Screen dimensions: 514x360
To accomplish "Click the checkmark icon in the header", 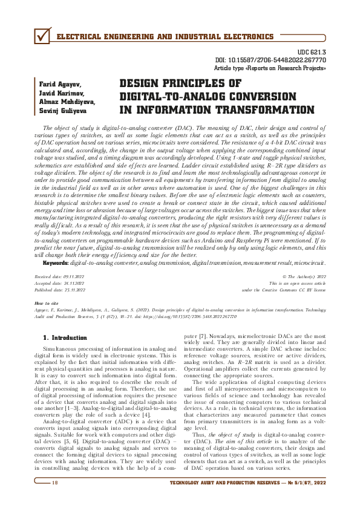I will tap(41, 37).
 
